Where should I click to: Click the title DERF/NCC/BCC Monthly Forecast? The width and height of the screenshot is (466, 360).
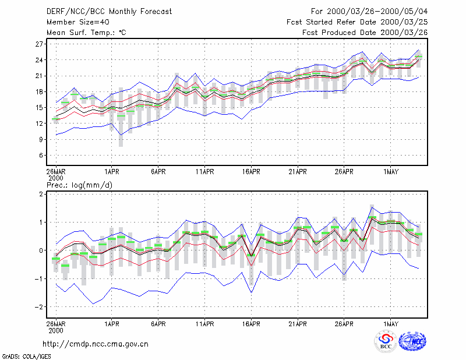[109, 12]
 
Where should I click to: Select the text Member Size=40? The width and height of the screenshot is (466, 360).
[78, 22]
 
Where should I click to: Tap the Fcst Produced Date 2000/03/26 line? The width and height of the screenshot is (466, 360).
[365, 33]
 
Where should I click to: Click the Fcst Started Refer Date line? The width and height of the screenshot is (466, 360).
[357, 22]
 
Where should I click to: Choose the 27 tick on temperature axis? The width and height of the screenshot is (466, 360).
[39, 44]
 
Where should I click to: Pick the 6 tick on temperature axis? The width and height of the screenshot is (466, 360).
[41, 155]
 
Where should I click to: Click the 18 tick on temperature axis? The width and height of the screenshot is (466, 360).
[39, 92]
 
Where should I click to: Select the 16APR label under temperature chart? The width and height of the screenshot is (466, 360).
[251, 172]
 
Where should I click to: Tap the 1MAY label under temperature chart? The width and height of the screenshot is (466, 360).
[390, 172]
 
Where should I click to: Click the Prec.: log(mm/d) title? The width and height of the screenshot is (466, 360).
[79, 185]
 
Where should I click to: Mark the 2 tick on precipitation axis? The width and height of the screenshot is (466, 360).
[41, 194]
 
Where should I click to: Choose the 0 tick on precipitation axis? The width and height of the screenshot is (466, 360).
[41, 250]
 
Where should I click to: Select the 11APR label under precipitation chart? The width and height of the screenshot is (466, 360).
[205, 324]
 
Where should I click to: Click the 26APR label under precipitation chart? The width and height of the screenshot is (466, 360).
[344, 324]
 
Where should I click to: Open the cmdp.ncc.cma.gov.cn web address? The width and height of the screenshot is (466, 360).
[96, 344]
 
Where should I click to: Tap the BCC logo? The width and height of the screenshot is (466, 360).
[386, 341]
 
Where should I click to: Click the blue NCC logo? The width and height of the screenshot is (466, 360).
[412, 341]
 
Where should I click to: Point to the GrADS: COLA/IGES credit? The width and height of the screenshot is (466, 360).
[26, 357]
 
